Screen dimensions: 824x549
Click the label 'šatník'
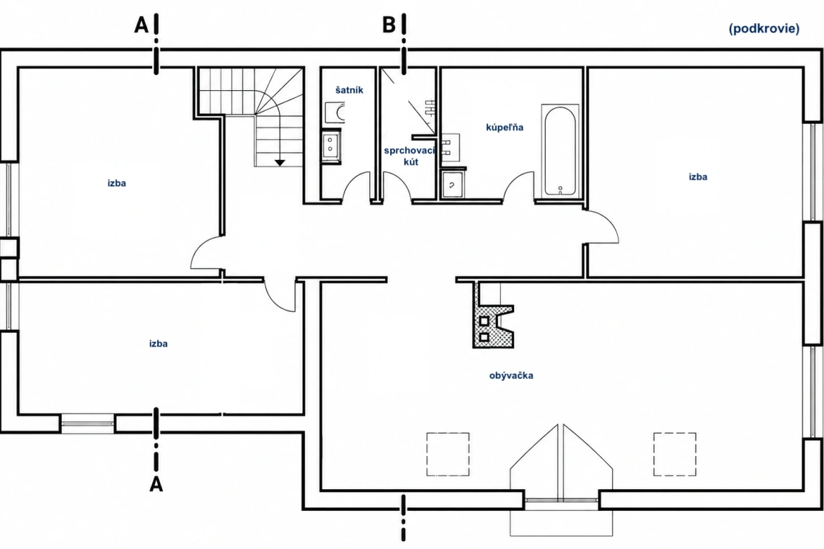[349, 90]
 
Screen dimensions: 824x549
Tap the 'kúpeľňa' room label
[504, 127]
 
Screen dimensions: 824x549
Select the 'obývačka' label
[511, 376]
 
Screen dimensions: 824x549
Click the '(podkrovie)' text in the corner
[764, 28]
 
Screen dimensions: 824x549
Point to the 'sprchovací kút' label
[410, 156]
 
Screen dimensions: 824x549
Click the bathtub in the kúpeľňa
[560, 150]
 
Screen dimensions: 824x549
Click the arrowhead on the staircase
[280, 163]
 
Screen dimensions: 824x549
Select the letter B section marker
[389, 24]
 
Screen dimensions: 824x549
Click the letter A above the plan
[142, 24]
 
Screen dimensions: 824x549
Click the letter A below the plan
[156, 484]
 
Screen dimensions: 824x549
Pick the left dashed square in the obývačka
[448, 454]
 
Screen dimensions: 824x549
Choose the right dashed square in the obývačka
[675, 454]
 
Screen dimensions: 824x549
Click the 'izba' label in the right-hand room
[698, 177]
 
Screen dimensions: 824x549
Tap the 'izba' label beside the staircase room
[117, 183]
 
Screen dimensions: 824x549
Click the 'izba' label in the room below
[158, 343]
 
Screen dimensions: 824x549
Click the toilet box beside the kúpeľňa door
[453, 183]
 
